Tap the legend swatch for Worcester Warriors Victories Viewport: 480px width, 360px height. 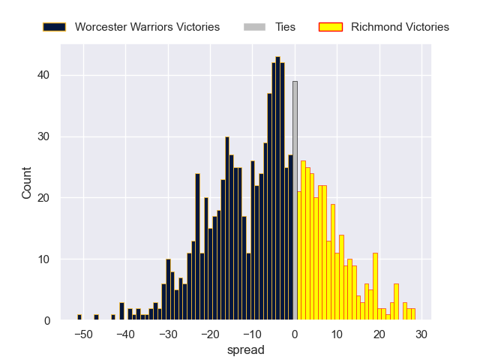[x=54, y=27]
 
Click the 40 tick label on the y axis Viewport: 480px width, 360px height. [x=44, y=75]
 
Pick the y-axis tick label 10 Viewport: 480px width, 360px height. [x=44, y=259]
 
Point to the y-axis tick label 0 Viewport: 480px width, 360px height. [x=47, y=321]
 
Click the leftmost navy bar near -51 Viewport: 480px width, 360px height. [x=79, y=318]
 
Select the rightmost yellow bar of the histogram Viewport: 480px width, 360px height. [x=412, y=315]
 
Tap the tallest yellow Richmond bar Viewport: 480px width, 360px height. [x=303, y=241]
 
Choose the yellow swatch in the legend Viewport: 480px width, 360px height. [x=330, y=27]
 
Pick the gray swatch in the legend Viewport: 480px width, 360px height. [x=254, y=27]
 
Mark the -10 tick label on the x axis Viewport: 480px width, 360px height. [x=253, y=334]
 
